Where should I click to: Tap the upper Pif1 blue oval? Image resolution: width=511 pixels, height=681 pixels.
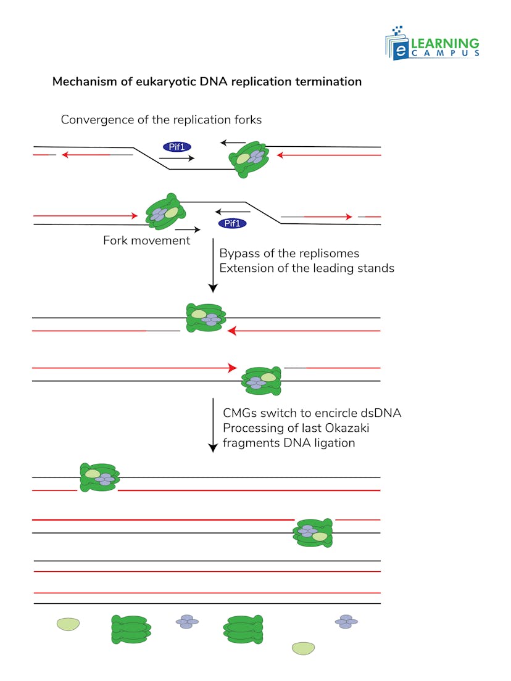[177, 147]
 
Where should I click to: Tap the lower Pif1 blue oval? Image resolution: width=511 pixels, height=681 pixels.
[232, 223]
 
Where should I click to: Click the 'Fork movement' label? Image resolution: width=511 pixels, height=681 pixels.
[146, 241]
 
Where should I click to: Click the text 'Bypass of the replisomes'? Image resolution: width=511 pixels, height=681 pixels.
[289, 254]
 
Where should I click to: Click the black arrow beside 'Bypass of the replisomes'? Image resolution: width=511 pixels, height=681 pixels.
[213, 265]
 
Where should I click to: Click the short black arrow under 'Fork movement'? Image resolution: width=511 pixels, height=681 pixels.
[188, 229]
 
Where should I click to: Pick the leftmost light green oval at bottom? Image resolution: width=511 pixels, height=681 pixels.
[69, 624]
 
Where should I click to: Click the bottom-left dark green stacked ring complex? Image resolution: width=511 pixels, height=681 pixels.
[130, 629]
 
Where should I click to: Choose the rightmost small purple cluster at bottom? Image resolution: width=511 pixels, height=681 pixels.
[346, 622]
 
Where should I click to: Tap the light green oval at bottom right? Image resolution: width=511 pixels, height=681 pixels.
[303, 648]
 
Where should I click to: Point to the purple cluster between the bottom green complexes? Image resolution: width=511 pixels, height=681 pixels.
[188, 622]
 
